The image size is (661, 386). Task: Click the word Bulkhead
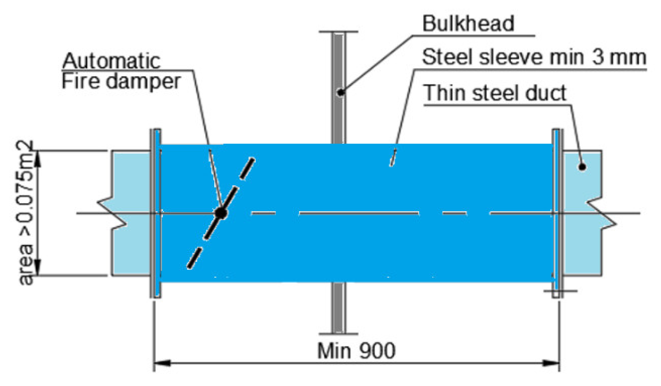pyautogui.click(x=468, y=23)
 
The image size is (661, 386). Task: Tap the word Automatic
pyautogui.click(x=111, y=61)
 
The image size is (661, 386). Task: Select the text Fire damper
pyautogui.click(x=121, y=81)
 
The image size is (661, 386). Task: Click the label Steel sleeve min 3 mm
pyautogui.click(x=534, y=57)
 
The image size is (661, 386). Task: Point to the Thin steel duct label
pyautogui.click(x=494, y=93)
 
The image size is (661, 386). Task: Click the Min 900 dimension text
pyautogui.click(x=356, y=351)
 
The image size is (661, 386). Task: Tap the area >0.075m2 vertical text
pyautogui.click(x=26, y=213)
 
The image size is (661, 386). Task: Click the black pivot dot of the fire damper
pyautogui.click(x=221, y=213)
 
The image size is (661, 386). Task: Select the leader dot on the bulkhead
pyautogui.click(x=340, y=92)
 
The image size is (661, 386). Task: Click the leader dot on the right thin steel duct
pyautogui.click(x=582, y=167)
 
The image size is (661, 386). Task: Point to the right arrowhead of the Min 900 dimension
pyautogui.click(x=551, y=363)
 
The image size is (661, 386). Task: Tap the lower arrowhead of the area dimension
pyautogui.click(x=37, y=267)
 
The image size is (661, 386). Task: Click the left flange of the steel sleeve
pyautogui.click(x=156, y=213)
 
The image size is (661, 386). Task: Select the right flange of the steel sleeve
pyautogui.click(x=557, y=213)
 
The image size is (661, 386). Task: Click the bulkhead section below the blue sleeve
pyautogui.click(x=338, y=307)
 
